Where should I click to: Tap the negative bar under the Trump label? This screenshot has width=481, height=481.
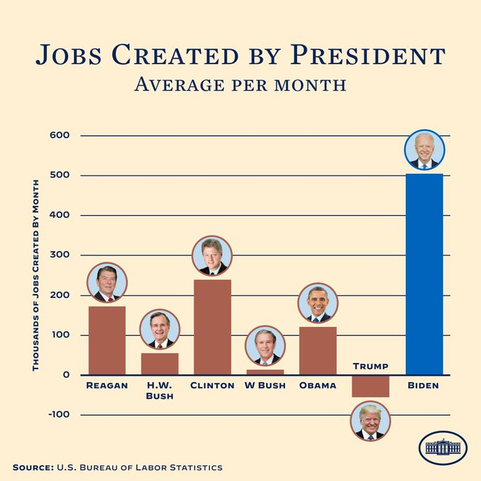pyautogui.click(x=370, y=386)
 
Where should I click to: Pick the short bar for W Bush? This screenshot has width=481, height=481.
pyautogui.click(x=265, y=372)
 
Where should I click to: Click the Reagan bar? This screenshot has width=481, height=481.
pyautogui.click(x=107, y=340)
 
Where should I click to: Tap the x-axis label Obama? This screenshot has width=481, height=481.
pyautogui.click(x=318, y=386)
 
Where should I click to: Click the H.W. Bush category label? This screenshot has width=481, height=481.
pyautogui.click(x=160, y=390)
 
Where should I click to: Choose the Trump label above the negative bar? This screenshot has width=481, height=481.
pyautogui.click(x=370, y=366)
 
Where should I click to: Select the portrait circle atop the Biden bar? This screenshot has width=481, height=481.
pyautogui.click(x=424, y=151)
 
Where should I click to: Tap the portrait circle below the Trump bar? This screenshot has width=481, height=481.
pyautogui.click(x=370, y=422)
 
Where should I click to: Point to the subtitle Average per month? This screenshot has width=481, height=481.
pyautogui.click(x=240, y=85)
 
